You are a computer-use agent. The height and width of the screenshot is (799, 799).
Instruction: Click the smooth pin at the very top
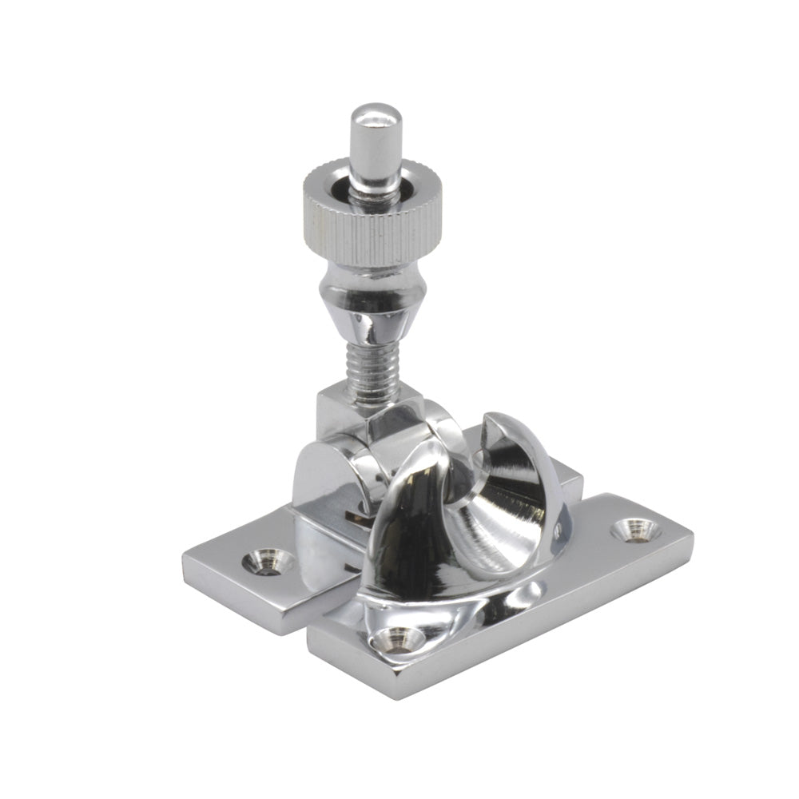pyautogui.click(x=376, y=148)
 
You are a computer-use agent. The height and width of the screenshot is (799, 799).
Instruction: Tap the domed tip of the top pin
pyautogui.click(x=376, y=112)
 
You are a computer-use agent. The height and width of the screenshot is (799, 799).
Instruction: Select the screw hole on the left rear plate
pyautogui.click(x=267, y=561)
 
